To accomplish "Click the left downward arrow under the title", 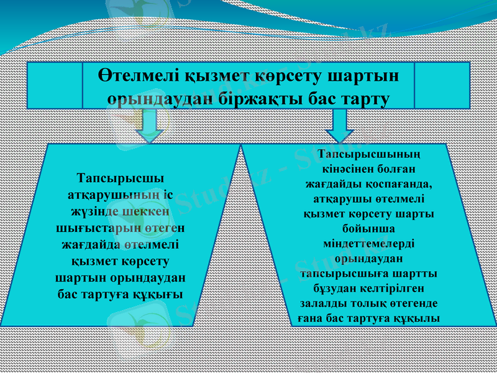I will coord(150,126).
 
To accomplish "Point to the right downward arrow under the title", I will coord(339,126).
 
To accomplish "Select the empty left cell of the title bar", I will coord(55,85).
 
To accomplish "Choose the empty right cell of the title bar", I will coord(441,85).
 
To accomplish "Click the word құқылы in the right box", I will coord(418,318).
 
